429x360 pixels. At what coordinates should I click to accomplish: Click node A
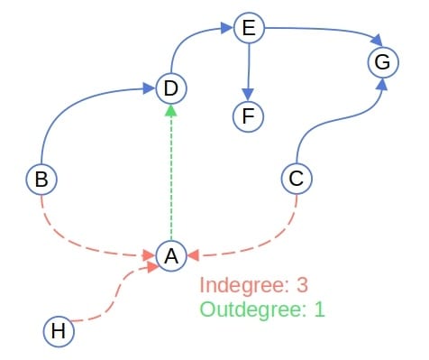click(170, 255)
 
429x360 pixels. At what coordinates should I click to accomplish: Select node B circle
click(41, 179)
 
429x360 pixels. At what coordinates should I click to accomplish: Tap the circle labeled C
click(297, 178)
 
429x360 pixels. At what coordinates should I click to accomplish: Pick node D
click(170, 88)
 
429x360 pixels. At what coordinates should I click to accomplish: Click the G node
click(381, 62)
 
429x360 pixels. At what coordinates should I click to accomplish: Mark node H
click(59, 331)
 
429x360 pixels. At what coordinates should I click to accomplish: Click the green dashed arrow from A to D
click(170, 171)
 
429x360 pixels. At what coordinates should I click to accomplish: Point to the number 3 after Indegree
click(302, 286)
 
